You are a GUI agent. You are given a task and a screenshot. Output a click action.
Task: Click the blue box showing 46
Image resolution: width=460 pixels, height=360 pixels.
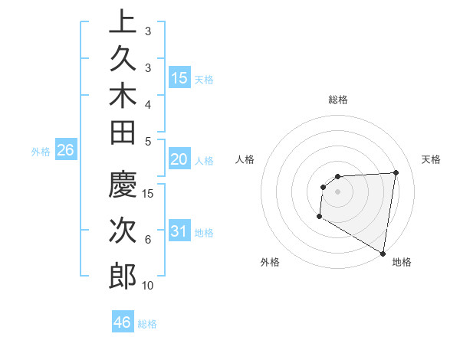coord(123,322)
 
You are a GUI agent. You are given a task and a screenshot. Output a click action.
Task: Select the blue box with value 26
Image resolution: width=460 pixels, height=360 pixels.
coord(66,151)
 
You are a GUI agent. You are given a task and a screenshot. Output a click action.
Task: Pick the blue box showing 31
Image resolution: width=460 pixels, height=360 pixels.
coord(179,231)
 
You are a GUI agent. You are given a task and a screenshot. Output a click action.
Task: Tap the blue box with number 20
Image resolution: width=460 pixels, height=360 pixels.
coord(179,159)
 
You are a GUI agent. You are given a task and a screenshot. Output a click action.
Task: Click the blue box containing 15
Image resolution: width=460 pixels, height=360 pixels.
coord(179,77)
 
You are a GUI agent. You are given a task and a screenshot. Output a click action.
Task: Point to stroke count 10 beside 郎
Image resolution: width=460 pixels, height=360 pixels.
coord(148,286)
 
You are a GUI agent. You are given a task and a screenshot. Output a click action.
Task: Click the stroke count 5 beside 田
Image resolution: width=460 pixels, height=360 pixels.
coord(148,140)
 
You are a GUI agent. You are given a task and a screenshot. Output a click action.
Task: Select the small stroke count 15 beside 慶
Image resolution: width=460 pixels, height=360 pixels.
coord(148,193)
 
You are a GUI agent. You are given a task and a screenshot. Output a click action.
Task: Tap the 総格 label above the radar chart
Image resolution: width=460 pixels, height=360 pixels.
coord(338,100)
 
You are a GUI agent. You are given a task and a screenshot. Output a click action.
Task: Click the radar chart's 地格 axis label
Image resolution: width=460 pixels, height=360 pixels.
coord(402,262)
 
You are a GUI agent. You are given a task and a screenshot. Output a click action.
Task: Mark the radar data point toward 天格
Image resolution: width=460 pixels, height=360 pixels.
coord(396,172)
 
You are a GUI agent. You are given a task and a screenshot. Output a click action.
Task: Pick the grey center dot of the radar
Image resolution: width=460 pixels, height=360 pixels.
coord(337,191)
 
